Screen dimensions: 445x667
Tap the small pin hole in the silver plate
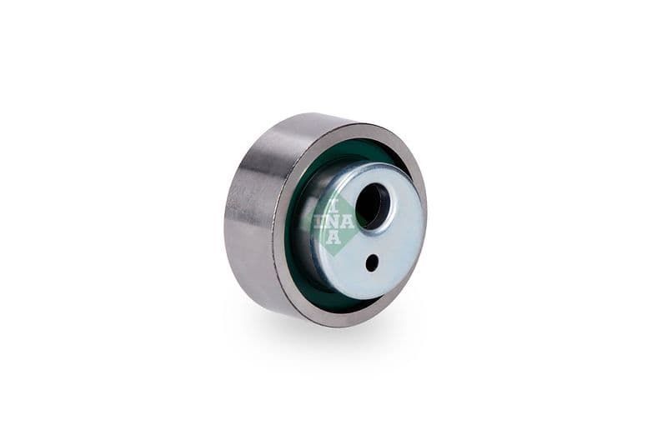coord(372,262)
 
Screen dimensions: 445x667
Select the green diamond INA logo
coord(334,222)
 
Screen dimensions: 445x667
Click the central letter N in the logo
coord(334,222)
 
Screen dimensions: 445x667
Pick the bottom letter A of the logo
coord(334,238)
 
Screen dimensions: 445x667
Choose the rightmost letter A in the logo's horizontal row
coord(349,222)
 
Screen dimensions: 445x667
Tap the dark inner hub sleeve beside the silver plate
coord(305,233)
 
